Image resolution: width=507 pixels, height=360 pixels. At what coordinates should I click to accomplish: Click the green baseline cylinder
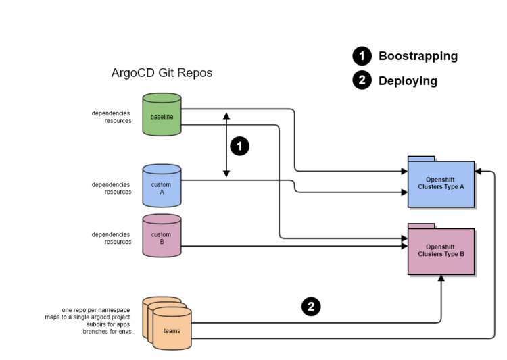[162, 116]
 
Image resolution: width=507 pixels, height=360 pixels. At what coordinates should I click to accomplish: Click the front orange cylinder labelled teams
[172, 330]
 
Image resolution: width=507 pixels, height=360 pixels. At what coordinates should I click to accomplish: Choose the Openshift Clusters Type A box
[441, 184]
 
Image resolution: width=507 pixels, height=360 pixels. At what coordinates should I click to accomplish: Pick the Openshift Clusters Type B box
[441, 251]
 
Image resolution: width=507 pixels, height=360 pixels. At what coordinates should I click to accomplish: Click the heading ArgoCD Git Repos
[162, 73]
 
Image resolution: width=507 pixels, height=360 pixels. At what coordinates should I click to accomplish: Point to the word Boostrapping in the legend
[418, 56]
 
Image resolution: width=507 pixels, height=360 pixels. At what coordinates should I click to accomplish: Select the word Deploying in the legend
[408, 81]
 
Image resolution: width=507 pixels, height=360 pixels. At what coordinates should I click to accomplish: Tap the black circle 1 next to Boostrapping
[362, 56]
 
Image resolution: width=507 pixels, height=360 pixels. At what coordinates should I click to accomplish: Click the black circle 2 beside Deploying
[362, 81]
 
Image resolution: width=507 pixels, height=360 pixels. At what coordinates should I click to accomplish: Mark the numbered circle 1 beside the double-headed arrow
[240, 146]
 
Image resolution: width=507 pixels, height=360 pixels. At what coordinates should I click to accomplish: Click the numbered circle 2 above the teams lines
[310, 307]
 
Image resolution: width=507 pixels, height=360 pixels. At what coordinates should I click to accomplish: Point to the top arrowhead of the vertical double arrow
[226, 116]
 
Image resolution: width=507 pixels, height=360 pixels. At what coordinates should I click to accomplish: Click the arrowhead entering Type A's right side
[479, 172]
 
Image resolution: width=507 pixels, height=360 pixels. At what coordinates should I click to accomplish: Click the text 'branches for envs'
[106, 332]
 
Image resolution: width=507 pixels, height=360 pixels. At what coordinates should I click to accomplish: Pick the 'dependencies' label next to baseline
[111, 113]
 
